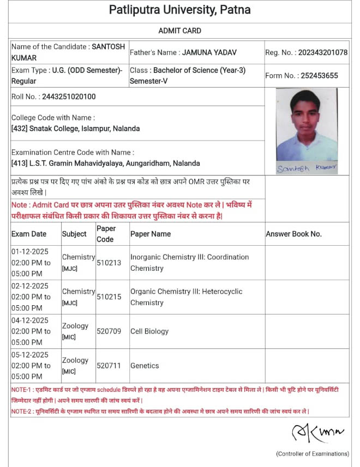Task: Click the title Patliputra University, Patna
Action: (x=179, y=10)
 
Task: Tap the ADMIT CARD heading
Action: (x=179, y=31)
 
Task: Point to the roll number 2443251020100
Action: (x=69, y=96)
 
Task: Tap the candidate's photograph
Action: (x=306, y=125)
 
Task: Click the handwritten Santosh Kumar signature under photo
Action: (x=306, y=168)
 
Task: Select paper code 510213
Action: (x=109, y=263)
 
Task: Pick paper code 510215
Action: (x=109, y=297)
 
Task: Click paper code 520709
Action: (x=109, y=331)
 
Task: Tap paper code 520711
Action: (x=109, y=366)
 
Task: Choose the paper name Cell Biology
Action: (x=149, y=331)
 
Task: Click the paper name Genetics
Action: (x=145, y=366)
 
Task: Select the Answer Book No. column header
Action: (x=293, y=234)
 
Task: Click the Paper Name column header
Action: (x=151, y=234)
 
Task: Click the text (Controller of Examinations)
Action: (x=312, y=453)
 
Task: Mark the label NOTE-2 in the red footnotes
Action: (x=21, y=411)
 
